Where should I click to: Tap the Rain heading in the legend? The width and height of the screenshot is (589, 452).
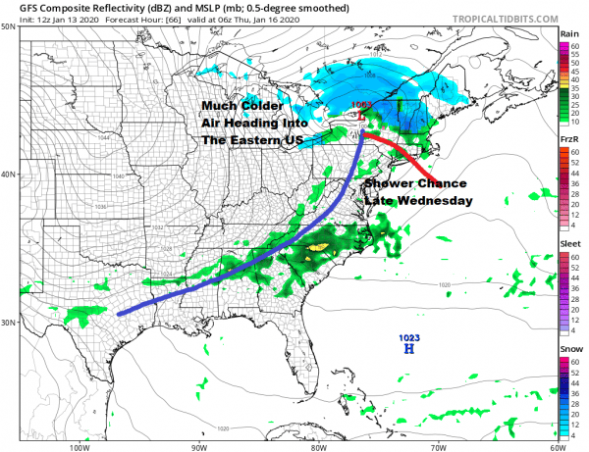(569, 33)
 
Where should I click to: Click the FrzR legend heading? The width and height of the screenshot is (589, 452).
(569, 140)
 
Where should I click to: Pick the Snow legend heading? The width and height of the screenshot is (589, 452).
(569, 349)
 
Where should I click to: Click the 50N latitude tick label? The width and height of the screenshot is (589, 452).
(10, 26)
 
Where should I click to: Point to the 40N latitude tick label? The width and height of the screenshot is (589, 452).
(10, 175)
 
